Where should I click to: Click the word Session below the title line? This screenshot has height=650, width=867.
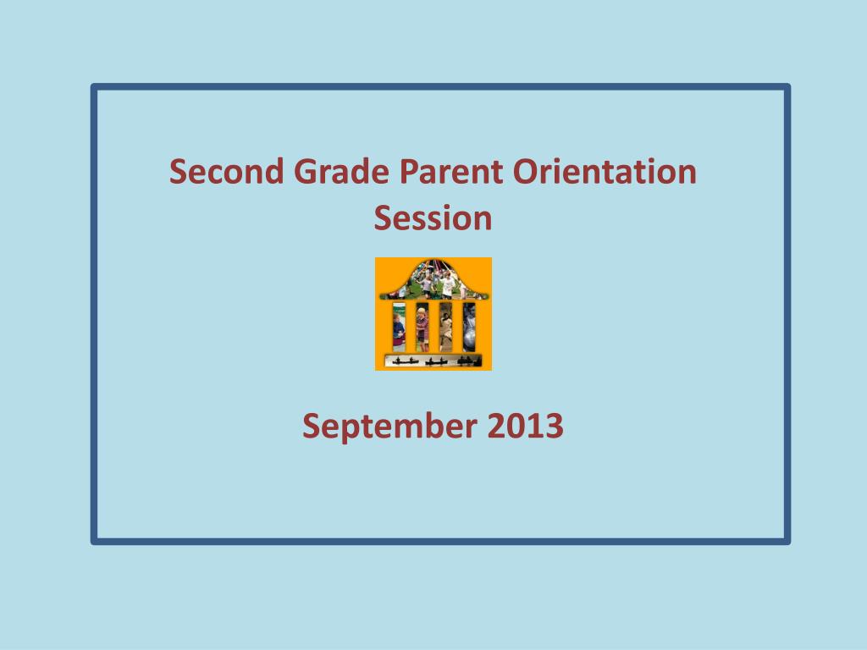[433, 218]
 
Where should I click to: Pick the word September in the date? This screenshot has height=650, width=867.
[389, 427]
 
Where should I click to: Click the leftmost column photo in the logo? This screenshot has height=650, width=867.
[398, 327]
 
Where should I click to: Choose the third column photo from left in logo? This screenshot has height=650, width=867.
[445, 327]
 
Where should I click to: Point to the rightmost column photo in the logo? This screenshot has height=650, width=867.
[469, 327]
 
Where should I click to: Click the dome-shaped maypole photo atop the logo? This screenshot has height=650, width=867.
[433, 280]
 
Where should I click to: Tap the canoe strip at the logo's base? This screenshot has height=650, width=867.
[433, 361]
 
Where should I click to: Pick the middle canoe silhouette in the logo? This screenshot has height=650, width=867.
[435, 362]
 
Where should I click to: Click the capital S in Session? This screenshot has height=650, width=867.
[384, 218]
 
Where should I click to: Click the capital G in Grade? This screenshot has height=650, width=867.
[303, 172]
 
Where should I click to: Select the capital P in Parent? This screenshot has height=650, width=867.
[407, 172]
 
